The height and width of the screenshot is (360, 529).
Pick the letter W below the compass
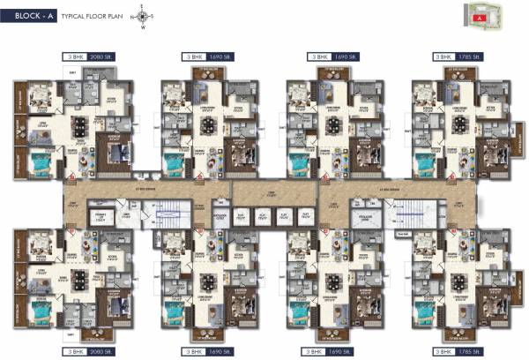tap(141, 26)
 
